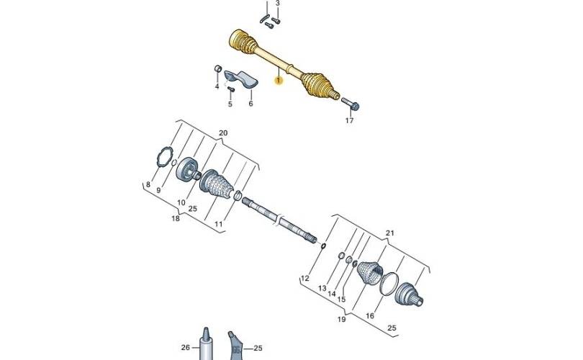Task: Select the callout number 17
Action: [x=349, y=121]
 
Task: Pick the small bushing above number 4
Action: [x=216, y=68]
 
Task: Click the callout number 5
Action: [x=230, y=104]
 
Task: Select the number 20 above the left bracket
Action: [x=222, y=133]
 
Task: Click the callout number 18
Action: [x=176, y=218]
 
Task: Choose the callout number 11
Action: [x=218, y=225]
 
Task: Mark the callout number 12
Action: [x=304, y=278]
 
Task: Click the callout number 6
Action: [x=250, y=104]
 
